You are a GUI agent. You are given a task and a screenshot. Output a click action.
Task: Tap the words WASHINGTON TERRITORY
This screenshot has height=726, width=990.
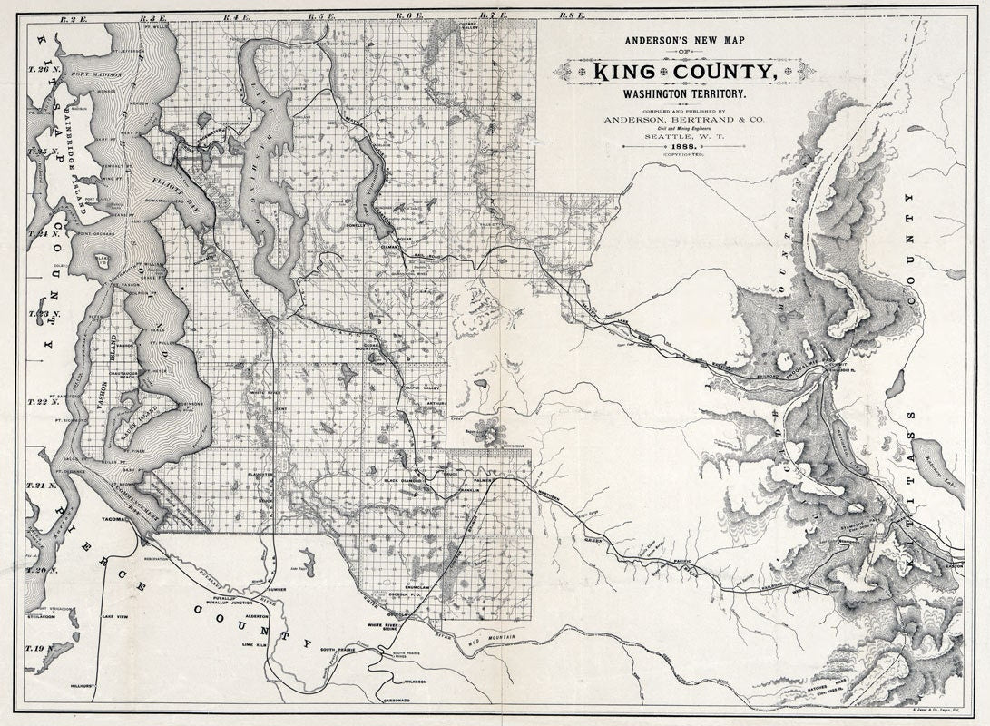coord(677,93)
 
